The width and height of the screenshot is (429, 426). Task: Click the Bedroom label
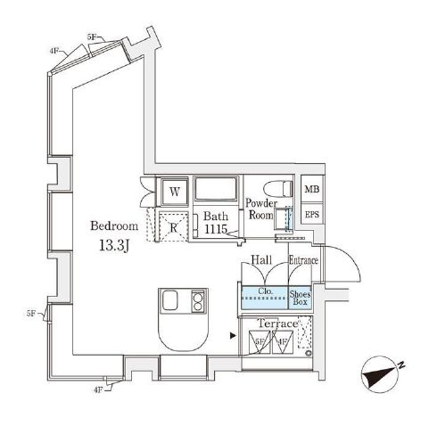[114, 225]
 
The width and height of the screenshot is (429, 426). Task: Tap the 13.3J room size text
[114, 246]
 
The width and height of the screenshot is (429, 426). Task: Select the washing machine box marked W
[175, 192]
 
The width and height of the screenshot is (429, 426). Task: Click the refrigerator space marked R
[174, 227]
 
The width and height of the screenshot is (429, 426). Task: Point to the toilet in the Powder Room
[277, 188]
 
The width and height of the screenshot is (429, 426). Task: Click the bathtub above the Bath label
[216, 189]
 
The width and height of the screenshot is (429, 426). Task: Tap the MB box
[312, 189]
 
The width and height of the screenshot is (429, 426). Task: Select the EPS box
[312, 214]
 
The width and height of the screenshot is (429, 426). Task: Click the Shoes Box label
[300, 298]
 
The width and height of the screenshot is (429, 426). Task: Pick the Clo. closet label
[265, 291]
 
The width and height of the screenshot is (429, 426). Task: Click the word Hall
[261, 259]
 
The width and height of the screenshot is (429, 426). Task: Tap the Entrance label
[303, 260]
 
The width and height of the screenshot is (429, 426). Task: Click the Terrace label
[277, 324]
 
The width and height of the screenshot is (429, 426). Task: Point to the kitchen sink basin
[169, 299]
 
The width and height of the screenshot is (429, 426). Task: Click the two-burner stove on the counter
[198, 301]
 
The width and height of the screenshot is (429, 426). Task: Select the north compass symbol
[383, 375]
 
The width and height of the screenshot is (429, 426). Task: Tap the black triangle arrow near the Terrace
[233, 336]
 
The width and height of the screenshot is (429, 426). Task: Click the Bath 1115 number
[216, 229]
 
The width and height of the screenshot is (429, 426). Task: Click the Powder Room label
[261, 209]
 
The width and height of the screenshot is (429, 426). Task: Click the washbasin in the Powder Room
[282, 219]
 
